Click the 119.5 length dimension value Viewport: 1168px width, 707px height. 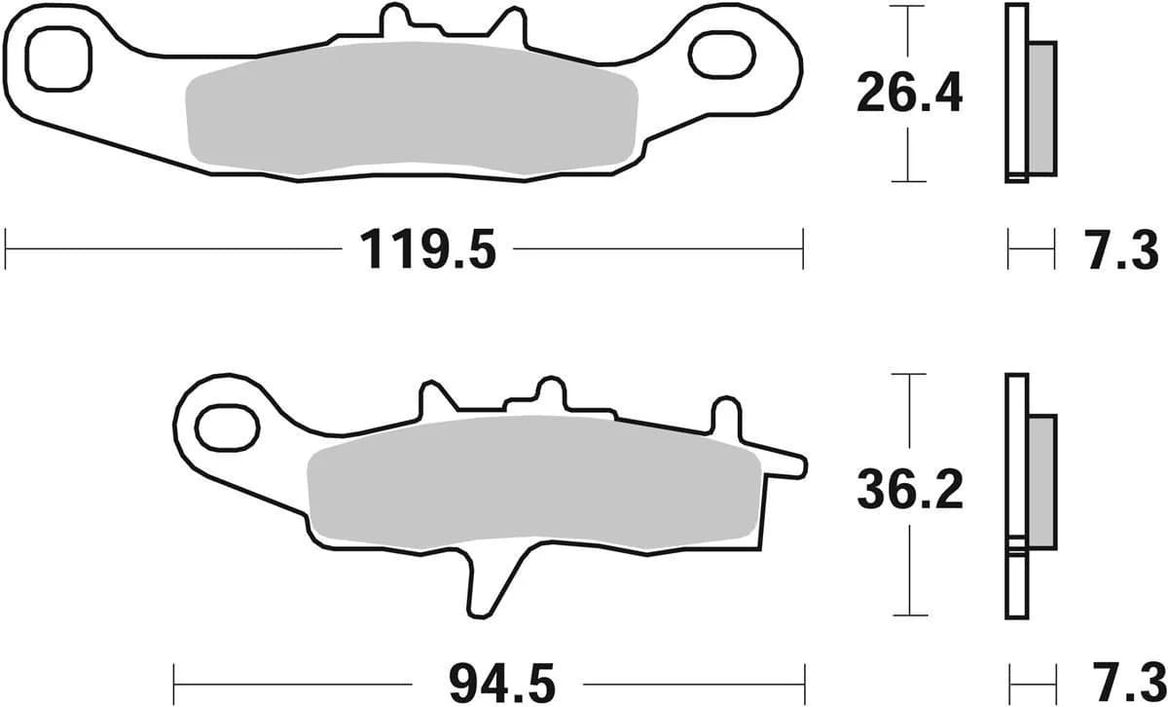click(427, 250)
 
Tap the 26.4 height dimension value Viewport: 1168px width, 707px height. click(909, 94)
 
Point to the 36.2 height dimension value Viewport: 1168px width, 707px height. click(909, 492)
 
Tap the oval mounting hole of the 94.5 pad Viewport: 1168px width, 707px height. click(228, 426)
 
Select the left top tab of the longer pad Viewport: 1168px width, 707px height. click(395, 21)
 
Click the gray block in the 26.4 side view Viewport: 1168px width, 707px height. click(1040, 108)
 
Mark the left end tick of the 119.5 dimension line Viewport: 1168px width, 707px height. click(7, 249)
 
